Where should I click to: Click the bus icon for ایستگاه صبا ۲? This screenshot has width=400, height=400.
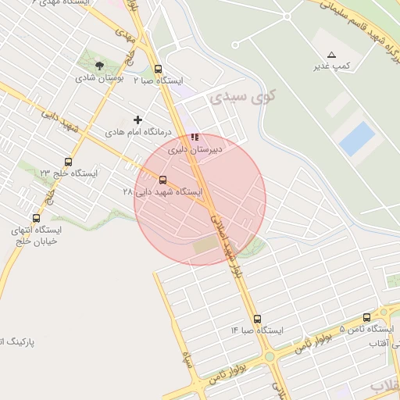click(159, 69)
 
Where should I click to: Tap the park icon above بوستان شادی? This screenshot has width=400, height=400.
click(99, 65)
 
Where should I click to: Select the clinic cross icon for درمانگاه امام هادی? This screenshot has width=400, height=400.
click(138, 120)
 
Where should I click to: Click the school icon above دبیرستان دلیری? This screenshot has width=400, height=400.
click(195, 137)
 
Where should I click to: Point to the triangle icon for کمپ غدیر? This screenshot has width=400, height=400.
click(332, 54)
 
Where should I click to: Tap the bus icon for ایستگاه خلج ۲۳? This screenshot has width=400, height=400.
click(69, 162)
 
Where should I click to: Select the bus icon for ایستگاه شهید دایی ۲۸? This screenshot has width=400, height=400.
click(162, 180)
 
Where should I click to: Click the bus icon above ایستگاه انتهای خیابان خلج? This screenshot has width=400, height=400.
click(36, 218)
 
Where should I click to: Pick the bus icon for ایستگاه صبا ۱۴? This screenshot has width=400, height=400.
click(257, 319)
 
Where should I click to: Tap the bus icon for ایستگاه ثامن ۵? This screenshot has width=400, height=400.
click(367, 317)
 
